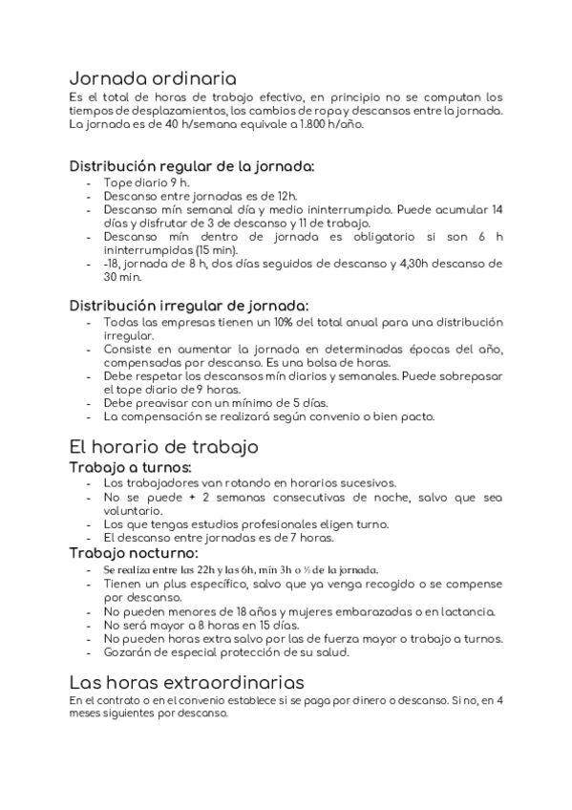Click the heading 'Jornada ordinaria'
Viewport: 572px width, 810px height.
(x=153, y=78)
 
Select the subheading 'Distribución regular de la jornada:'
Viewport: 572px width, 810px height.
(x=192, y=165)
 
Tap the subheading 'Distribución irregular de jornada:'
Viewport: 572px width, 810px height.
(x=189, y=306)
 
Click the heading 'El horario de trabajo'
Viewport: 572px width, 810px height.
(x=163, y=446)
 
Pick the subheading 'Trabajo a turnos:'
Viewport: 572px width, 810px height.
(x=130, y=467)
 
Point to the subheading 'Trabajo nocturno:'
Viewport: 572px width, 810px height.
(x=134, y=553)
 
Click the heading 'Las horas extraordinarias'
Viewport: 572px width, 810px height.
(x=186, y=682)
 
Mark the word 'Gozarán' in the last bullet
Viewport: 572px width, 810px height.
(x=128, y=652)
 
